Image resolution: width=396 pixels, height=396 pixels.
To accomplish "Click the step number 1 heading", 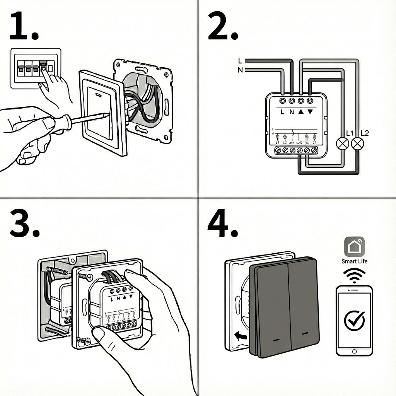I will (24, 26).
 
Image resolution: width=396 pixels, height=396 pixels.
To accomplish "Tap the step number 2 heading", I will (222, 26).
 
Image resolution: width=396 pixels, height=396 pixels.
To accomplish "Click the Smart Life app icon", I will (354, 247).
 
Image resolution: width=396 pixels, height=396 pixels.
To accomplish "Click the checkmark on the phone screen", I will (354, 319).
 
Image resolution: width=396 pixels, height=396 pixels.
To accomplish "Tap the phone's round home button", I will (354, 351).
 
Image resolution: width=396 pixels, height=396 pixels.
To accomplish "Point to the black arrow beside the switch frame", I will (240, 335).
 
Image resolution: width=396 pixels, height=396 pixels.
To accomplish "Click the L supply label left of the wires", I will (241, 61).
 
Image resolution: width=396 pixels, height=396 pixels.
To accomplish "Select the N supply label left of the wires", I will (241, 70).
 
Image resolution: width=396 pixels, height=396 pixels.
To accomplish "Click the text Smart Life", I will (354, 261).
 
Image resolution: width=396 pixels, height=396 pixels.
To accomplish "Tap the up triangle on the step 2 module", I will (300, 112).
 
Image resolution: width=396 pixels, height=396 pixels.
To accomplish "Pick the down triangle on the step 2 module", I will (309, 112).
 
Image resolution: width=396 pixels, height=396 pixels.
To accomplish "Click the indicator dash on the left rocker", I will (277, 340).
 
